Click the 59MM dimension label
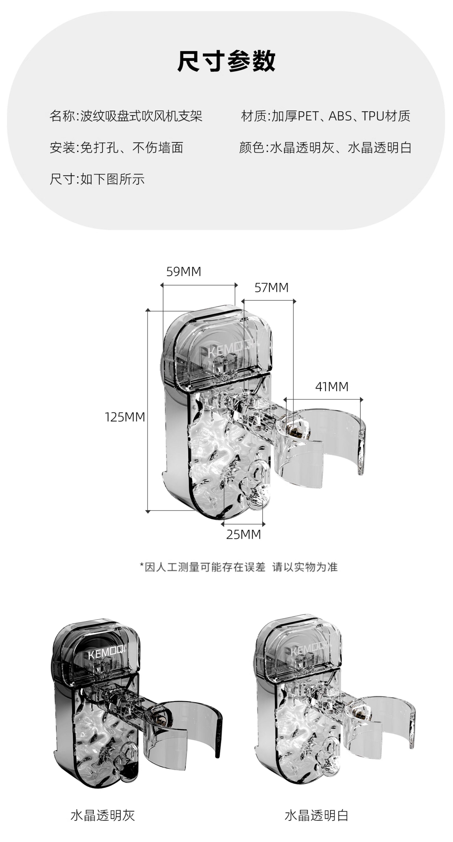(x=184, y=272)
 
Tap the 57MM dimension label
(x=271, y=288)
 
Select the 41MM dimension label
(x=332, y=387)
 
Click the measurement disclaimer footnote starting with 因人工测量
(x=239, y=567)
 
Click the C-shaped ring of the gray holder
(x=216, y=732)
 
